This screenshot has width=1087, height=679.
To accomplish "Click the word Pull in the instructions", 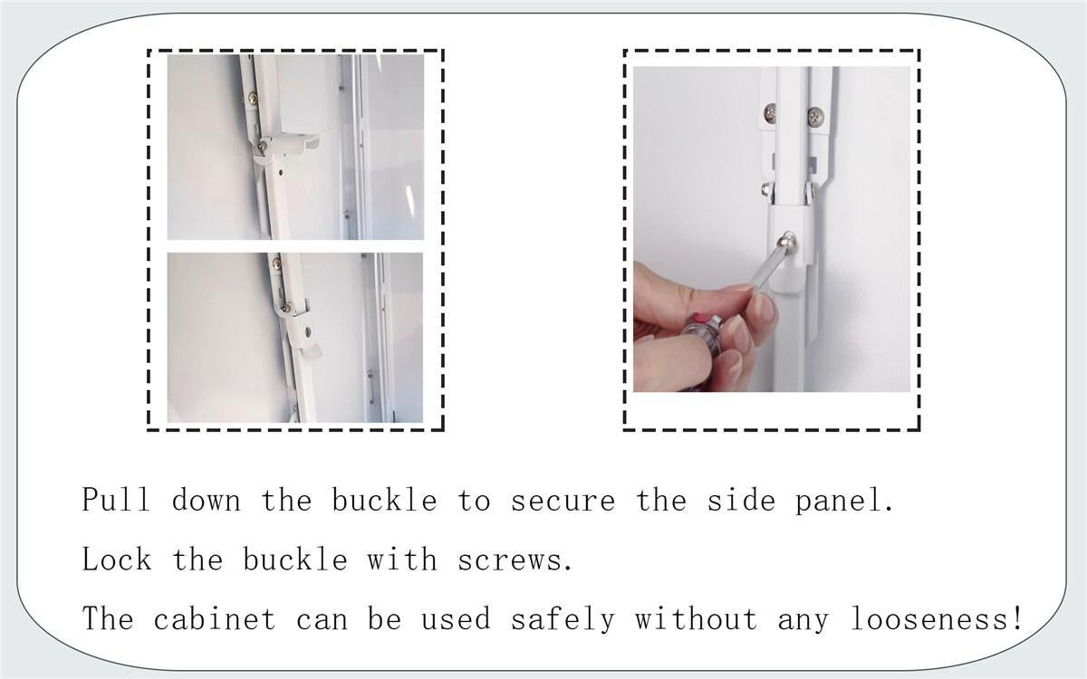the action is click(x=116, y=499).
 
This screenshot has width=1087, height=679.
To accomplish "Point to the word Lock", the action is click(x=117, y=559).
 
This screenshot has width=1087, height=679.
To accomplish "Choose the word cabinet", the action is click(x=215, y=618).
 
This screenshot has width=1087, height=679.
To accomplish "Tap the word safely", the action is click(x=563, y=620).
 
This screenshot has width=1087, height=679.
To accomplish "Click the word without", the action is click(x=696, y=618).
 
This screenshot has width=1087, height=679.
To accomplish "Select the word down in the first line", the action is click(x=207, y=500).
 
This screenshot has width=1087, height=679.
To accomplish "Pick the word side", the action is click(x=741, y=500).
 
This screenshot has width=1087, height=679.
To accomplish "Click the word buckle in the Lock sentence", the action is click(x=295, y=559).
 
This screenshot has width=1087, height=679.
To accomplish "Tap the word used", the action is click(x=456, y=619).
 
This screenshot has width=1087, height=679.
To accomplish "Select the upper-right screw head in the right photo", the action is click(x=816, y=116).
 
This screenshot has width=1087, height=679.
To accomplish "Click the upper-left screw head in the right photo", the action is click(x=770, y=113).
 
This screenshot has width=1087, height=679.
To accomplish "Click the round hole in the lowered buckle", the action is click(x=307, y=331).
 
